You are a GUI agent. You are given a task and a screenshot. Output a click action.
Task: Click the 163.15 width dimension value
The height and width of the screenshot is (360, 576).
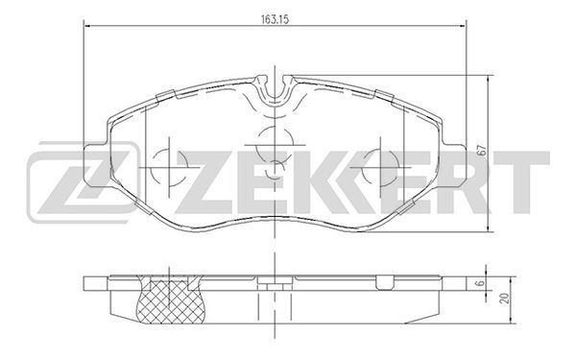[275, 19]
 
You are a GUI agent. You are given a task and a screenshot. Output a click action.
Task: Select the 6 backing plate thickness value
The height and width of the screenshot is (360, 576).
[477, 283]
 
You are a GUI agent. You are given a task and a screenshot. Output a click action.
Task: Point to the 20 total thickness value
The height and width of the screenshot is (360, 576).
[506, 298]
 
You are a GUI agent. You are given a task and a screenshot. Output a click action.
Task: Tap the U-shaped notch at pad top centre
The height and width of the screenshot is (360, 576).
[275, 88]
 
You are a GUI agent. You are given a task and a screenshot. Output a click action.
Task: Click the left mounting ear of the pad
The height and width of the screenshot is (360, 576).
[95, 166]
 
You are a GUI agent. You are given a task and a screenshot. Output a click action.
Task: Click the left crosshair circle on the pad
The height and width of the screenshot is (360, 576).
[169, 166]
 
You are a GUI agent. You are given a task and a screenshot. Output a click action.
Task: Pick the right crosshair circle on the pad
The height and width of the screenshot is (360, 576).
[380, 167]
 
